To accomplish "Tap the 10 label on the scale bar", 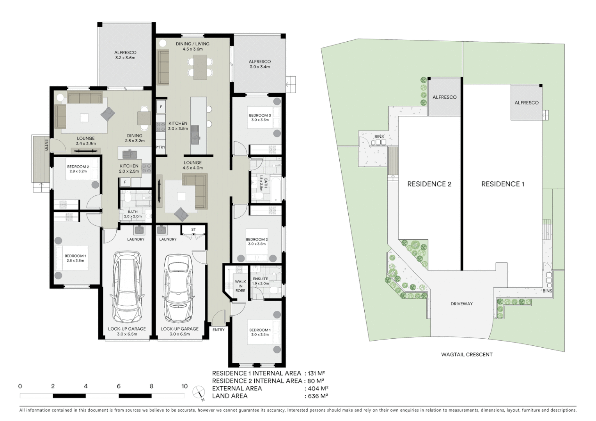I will pyautogui.click(x=184, y=386).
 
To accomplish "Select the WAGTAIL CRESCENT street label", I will pyautogui.click(x=467, y=354).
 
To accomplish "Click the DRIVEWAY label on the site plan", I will pyautogui.click(x=461, y=304).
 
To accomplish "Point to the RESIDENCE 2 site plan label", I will pyautogui.click(x=429, y=184).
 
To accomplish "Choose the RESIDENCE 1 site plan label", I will pyautogui.click(x=503, y=184).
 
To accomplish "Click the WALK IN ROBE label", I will pyautogui.click(x=240, y=286).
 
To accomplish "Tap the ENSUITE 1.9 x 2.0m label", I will pyautogui.click(x=260, y=281).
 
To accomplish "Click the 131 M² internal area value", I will pyautogui.click(x=316, y=373).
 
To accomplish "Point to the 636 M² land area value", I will pyautogui.click(x=316, y=396).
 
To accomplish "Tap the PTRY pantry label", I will pyautogui.click(x=160, y=147).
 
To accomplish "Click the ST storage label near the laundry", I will pyautogui.click(x=193, y=230).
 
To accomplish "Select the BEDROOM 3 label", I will pyautogui.click(x=260, y=117).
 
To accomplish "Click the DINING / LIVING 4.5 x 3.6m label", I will pyautogui.click(x=192, y=46).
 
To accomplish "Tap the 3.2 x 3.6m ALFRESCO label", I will pyautogui.click(x=125, y=55).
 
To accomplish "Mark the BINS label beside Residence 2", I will pyautogui.click(x=379, y=136).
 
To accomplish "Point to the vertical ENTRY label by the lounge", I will pyautogui.click(x=46, y=145).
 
